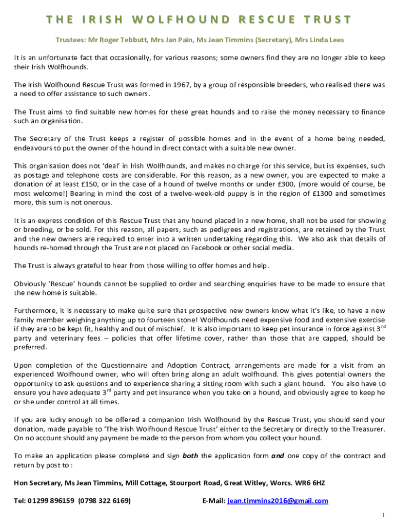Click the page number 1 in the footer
point(383,515)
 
